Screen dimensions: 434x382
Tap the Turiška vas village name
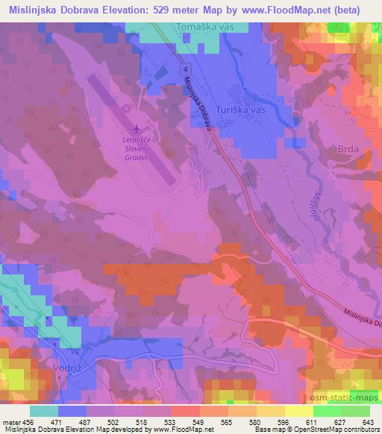point(240,110)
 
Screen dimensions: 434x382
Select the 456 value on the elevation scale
point(31,421)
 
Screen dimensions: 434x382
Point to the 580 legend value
point(254,421)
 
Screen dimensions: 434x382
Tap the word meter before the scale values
point(11,421)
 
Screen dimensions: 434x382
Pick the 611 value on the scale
point(310,421)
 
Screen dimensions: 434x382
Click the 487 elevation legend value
point(87,421)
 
